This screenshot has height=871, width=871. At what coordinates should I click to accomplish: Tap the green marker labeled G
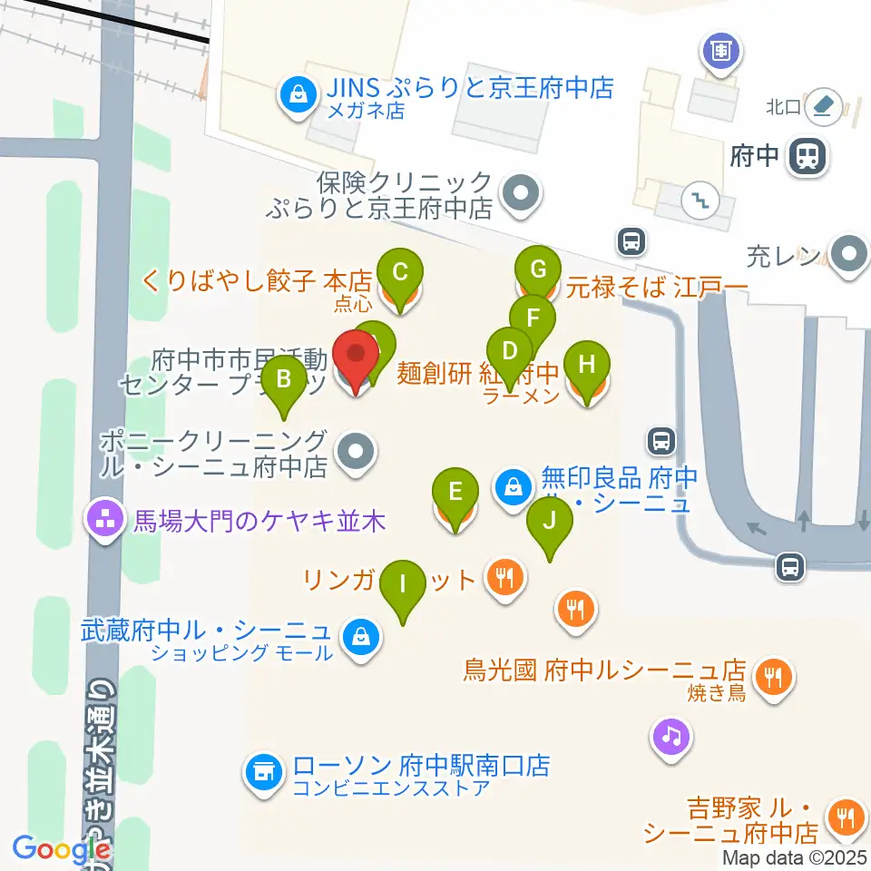click(x=537, y=269)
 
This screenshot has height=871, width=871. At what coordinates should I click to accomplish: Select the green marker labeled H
click(x=587, y=367)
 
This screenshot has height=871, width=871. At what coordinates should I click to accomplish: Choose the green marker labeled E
click(x=455, y=493)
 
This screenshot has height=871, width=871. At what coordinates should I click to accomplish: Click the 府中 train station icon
click(x=807, y=156)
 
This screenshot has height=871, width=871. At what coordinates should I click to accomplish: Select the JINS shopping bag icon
click(x=296, y=93)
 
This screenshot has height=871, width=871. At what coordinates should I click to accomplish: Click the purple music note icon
click(x=671, y=735)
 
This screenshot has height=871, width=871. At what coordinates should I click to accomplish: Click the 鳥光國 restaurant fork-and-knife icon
click(x=773, y=676)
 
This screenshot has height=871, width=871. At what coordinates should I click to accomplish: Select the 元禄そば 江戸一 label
click(x=657, y=289)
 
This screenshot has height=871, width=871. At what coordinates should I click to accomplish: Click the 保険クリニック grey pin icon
click(x=520, y=193)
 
